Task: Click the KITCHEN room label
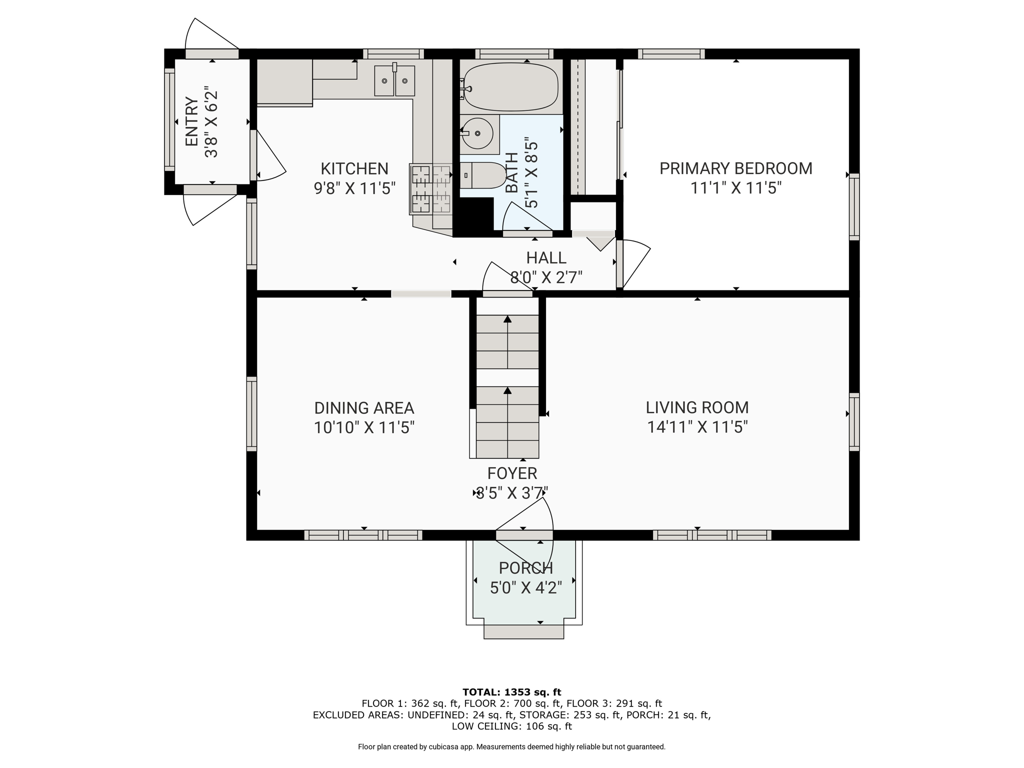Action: (x=354, y=168)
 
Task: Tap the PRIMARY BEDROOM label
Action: (x=736, y=168)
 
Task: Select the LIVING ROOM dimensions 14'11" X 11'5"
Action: (x=697, y=427)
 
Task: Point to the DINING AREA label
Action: (x=364, y=408)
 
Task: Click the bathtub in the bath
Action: (x=510, y=86)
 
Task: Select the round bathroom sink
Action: (x=477, y=133)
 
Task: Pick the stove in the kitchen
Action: (x=430, y=189)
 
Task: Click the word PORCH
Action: (x=526, y=568)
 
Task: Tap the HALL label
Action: (x=546, y=258)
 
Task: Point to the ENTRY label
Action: (x=192, y=122)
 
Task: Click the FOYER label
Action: (x=512, y=473)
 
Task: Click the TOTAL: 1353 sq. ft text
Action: (x=512, y=692)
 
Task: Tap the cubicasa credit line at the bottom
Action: (x=512, y=747)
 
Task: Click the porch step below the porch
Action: (x=524, y=631)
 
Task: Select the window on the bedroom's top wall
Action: (x=671, y=54)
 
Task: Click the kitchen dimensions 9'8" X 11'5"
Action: (x=354, y=188)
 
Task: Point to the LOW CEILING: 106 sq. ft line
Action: (x=512, y=726)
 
